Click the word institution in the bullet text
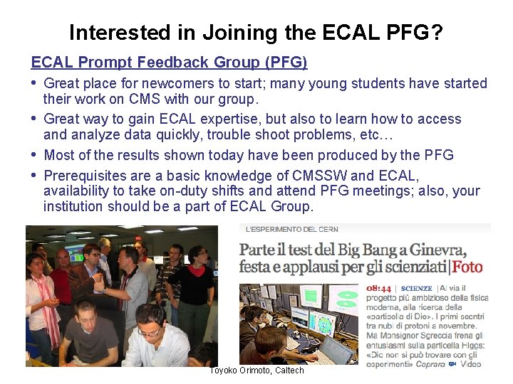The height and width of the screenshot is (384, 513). click(x=73, y=206)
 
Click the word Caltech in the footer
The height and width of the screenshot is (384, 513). click(x=289, y=370)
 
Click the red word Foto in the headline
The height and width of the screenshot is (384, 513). click(x=467, y=267)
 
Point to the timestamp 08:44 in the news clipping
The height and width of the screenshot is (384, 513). click(x=378, y=289)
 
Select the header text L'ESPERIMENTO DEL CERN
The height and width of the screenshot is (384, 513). click(x=292, y=229)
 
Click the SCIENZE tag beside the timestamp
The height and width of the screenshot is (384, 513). click(x=417, y=289)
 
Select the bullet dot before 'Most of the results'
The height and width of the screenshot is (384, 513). click(x=34, y=154)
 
